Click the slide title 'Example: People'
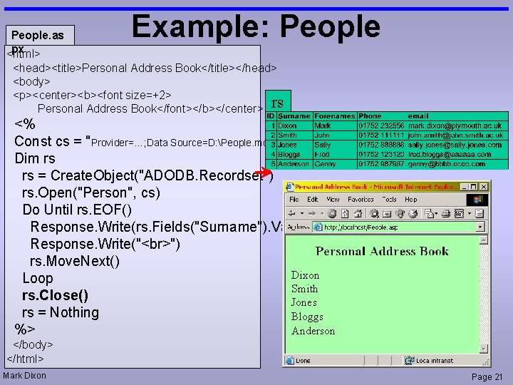256,26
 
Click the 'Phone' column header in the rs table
370,115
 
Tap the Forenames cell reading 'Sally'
323,144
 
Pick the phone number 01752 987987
380,163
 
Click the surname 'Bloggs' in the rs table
291,154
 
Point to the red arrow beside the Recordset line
266,173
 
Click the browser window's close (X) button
484,186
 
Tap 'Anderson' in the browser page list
313,331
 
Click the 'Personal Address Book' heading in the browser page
382,251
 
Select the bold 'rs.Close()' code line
55,295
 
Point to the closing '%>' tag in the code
25,329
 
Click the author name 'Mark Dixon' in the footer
25,376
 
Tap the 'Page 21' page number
487,377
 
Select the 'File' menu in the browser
294,200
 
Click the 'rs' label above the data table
277,101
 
